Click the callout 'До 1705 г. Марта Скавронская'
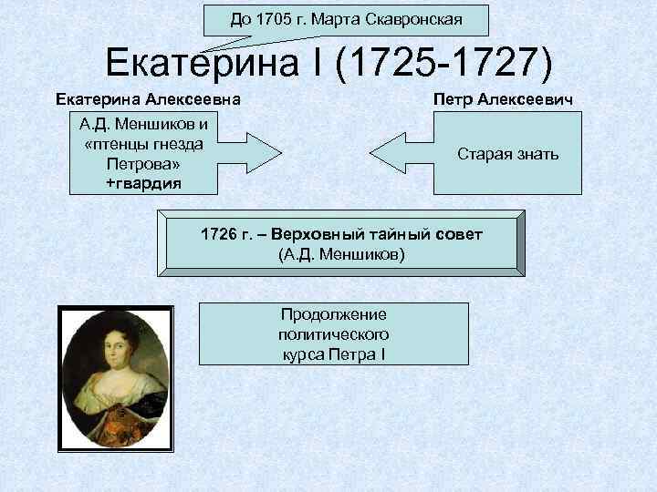[x=346, y=18]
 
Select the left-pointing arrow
[x=401, y=154]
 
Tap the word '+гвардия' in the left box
[x=143, y=183]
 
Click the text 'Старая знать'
[x=507, y=155]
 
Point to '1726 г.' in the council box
[x=224, y=236]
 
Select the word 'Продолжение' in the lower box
[x=333, y=314]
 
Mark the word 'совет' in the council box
[x=459, y=236]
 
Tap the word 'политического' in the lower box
[x=333, y=333]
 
